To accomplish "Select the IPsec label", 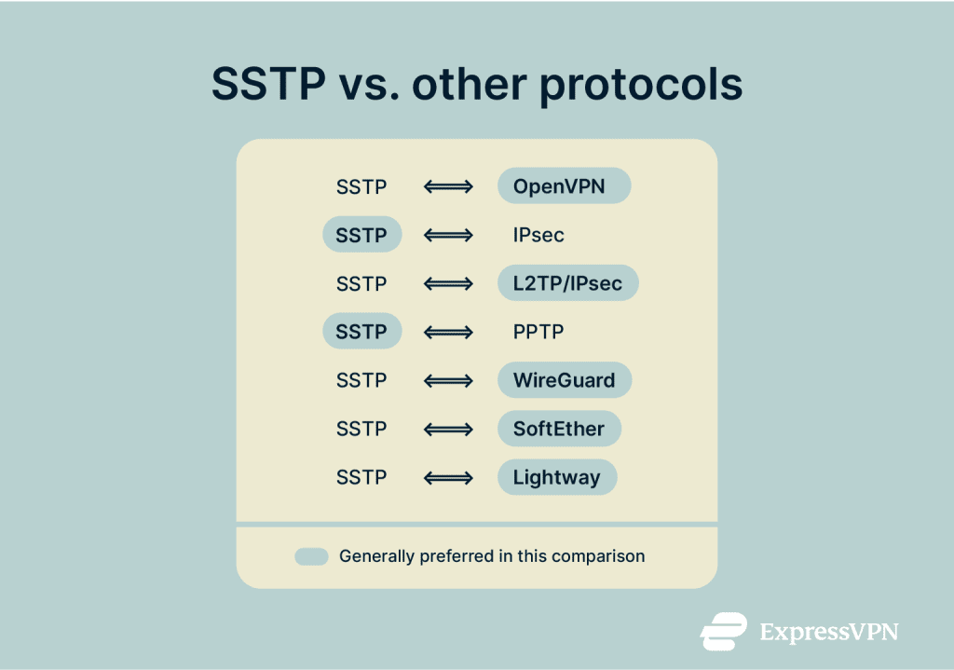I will (x=538, y=235).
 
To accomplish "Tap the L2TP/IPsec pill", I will (x=567, y=283).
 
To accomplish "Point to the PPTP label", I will (x=538, y=332).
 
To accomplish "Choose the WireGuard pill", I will (x=564, y=380).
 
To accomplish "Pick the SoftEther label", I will (x=559, y=429).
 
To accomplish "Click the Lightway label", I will (x=556, y=477).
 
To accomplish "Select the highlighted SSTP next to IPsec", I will (x=361, y=235).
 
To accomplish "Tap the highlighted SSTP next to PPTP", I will (x=361, y=332).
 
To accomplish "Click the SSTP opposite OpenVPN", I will (x=361, y=186).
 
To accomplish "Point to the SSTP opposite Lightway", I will (x=361, y=477).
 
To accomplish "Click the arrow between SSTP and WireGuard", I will (x=448, y=380).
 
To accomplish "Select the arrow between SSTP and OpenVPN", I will (x=448, y=186).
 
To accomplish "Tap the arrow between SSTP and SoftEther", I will (x=448, y=429).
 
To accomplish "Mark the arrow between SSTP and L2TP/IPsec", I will (x=448, y=283).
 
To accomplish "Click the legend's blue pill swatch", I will (x=311, y=556).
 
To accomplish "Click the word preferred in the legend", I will (x=450, y=556).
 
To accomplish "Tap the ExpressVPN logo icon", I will (x=724, y=631).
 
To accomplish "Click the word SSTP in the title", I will (x=268, y=85).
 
